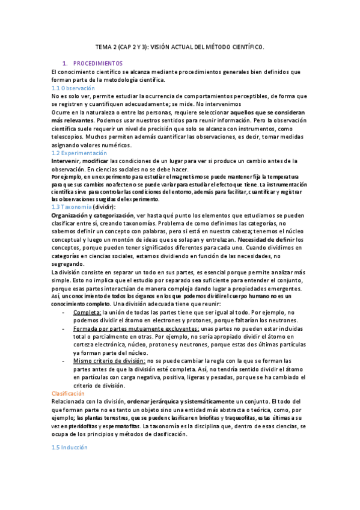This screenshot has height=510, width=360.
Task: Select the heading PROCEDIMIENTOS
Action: pyautogui.click(x=97, y=63)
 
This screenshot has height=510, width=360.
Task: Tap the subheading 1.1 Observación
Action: pyautogui.click(x=73, y=88)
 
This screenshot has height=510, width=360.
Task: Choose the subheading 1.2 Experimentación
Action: pyautogui.click(x=81, y=153)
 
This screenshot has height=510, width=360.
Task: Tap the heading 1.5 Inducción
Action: pyautogui.click(x=70, y=447)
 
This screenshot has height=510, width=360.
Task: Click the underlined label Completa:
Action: pyautogui.click(x=87, y=313)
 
